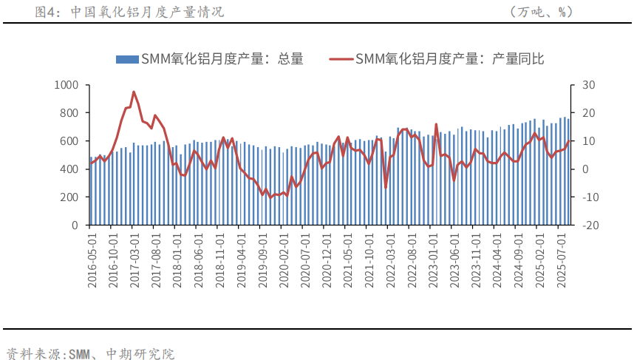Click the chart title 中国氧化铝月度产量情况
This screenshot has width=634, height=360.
pos(147,12)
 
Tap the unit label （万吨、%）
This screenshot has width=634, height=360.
pos(541,12)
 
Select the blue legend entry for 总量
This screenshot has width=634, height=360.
pos(209,59)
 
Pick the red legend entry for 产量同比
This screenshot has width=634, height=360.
pos(436,59)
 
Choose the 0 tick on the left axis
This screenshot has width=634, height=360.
pos(75,225)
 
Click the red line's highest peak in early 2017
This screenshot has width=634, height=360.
pos(133,92)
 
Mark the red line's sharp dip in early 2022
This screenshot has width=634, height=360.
pos(385,188)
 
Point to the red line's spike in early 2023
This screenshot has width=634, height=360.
pos(436,124)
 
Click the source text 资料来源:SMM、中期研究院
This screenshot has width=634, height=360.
pos(90,353)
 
